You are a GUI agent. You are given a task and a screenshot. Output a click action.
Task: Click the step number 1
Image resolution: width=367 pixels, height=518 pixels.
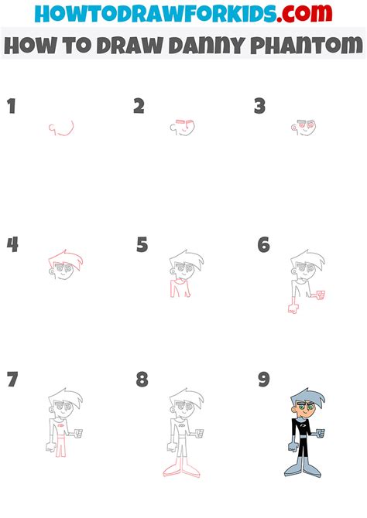pyautogui.click(x=12, y=107)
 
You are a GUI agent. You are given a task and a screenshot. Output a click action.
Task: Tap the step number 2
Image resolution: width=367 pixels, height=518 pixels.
pyautogui.click(x=139, y=107)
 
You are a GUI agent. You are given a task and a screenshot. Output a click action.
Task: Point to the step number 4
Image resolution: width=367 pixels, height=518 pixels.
pyautogui.click(x=12, y=245)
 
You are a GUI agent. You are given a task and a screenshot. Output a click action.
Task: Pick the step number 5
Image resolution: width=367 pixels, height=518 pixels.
pyautogui.click(x=142, y=245)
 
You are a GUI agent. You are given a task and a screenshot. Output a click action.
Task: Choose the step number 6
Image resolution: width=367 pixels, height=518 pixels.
pyautogui.click(x=264, y=245)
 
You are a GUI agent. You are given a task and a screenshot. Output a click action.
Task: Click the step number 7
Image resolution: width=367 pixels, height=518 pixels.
pyautogui.click(x=12, y=380)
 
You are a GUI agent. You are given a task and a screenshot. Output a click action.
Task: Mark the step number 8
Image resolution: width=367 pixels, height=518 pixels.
pyautogui.click(x=142, y=380)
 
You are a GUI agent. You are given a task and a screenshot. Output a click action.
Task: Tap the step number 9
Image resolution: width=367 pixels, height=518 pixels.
pyautogui.click(x=264, y=380)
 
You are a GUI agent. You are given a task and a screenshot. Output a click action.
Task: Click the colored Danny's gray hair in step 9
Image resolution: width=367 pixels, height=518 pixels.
pyautogui.click(x=304, y=402)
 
